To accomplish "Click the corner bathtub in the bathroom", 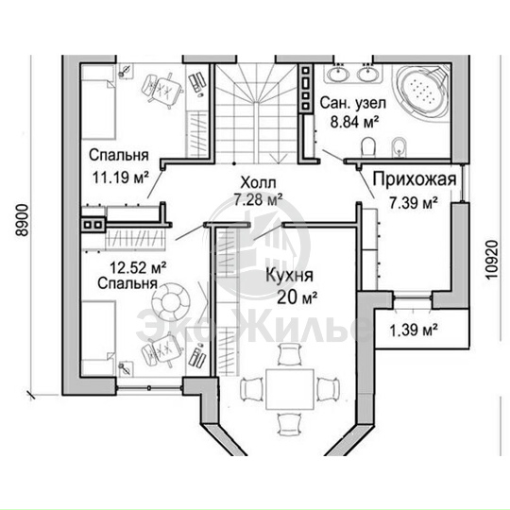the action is click(421, 92).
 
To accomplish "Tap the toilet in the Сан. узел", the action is click(368, 145).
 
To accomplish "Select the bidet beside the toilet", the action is click(399, 147).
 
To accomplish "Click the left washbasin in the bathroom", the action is click(337, 73).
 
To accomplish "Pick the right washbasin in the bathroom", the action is click(368, 73).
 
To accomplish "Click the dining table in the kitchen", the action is click(290, 389).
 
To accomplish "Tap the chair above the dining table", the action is click(290, 355).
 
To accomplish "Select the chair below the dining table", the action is click(289, 423).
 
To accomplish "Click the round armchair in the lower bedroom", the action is click(171, 301).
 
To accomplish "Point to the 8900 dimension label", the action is click(24, 220).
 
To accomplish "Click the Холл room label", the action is click(258, 183).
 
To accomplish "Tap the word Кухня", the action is click(290, 276).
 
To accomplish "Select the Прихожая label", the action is click(415, 179).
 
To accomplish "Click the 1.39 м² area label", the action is click(413, 331).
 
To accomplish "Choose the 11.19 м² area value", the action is click(121, 178).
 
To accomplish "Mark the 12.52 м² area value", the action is click(138, 268).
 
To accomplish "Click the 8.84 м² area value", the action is click(354, 122).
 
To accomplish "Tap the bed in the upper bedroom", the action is click(98, 102).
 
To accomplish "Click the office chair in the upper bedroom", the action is click(161, 89).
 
